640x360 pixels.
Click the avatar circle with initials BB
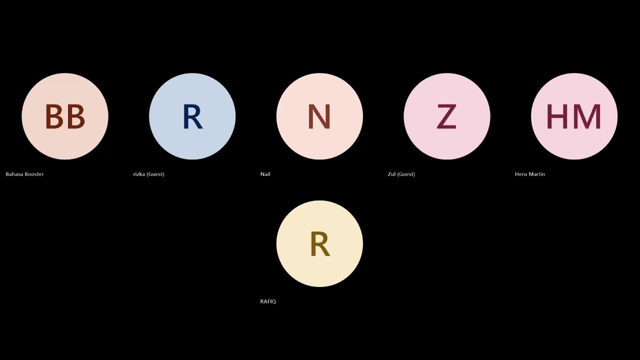65,116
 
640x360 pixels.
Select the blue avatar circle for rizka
192,116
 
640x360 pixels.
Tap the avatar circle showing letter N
319,116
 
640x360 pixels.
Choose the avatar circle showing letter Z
447,116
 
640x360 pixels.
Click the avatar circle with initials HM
574,116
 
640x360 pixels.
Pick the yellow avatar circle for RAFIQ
319,243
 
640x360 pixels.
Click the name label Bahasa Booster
25,174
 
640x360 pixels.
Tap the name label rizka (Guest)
149,174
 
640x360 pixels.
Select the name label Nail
265,174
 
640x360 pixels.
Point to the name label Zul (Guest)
401,174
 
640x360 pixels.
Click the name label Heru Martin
530,174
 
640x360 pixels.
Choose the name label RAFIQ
268,301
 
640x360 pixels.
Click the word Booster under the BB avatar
34,174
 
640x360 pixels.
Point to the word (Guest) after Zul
406,174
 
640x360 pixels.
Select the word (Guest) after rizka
155,174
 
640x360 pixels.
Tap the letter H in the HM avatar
557,116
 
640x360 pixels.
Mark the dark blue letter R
193,116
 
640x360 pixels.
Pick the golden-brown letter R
320,244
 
